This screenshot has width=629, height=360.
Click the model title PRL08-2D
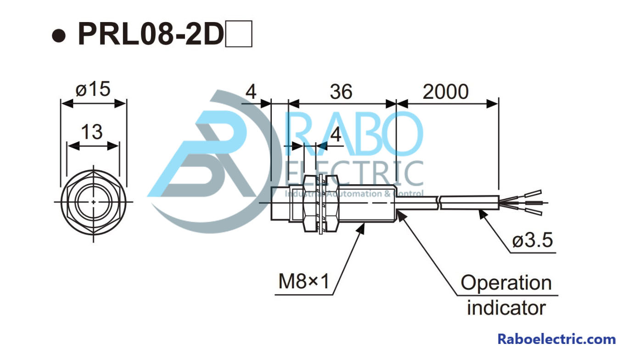click(151, 34)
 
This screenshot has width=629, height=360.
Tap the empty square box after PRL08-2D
click(239, 35)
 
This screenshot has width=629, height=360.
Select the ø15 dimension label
click(93, 90)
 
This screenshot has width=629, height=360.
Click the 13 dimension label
click(92, 132)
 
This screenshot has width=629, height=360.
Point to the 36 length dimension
click(341, 92)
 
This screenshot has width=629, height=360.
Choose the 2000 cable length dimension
click(445, 92)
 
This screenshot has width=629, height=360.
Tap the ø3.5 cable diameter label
click(533, 240)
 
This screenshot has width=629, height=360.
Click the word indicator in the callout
click(506, 307)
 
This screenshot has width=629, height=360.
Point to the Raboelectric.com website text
click(556, 340)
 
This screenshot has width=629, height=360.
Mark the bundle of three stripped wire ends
click(528, 202)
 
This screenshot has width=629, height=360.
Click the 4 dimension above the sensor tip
click(251, 92)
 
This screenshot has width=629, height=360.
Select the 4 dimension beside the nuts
click(336, 135)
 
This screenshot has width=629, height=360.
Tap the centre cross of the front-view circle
click(94, 202)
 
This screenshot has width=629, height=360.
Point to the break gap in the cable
click(439, 202)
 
